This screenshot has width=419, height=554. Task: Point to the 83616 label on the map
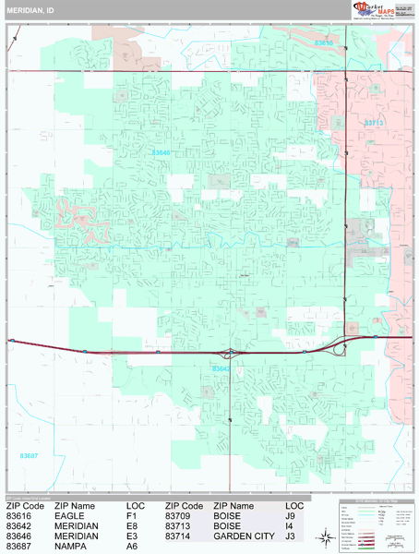(325, 42)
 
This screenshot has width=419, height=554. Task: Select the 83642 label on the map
(221, 369)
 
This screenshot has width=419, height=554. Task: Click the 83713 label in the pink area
(373, 122)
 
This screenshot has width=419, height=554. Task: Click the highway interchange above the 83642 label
(229, 353)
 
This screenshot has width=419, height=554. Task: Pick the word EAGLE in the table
(70, 516)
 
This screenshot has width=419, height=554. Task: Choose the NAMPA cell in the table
(70, 547)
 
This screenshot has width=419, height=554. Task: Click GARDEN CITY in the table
(243, 536)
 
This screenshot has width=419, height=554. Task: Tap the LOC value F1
(131, 516)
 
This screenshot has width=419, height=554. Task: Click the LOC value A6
(131, 547)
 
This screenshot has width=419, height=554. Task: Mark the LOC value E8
(131, 526)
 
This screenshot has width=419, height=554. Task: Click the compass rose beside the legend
(326, 537)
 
